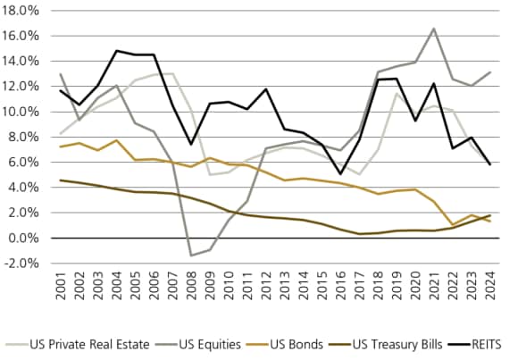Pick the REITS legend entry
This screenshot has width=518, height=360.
point(483,343)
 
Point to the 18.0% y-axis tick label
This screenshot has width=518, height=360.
point(22,11)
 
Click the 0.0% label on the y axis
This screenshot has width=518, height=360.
point(25,239)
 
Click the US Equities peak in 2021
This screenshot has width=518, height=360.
point(433,29)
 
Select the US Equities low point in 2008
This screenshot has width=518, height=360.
point(191,255)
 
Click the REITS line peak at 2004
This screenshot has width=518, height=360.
point(116,51)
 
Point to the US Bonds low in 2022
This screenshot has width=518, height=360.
point(452,225)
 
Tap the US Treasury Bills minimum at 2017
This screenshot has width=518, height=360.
point(359,234)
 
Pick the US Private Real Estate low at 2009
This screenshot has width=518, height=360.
point(210,174)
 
